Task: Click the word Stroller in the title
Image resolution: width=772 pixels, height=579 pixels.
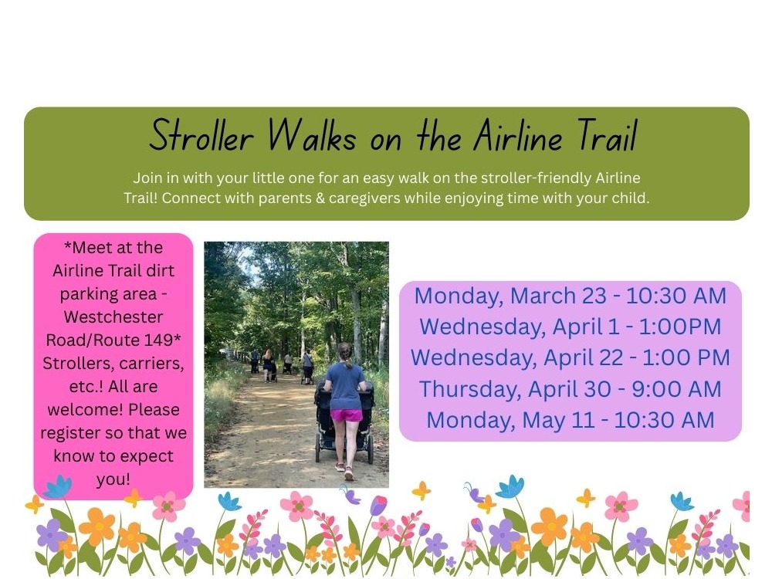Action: click(x=201, y=137)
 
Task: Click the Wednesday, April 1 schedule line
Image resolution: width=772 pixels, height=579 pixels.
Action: click(x=570, y=327)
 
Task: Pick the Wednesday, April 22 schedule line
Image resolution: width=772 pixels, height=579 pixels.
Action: click(x=570, y=357)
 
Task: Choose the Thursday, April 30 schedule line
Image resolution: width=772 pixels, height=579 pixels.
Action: click(x=570, y=388)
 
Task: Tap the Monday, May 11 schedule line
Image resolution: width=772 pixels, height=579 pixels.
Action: click(x=570, y=420)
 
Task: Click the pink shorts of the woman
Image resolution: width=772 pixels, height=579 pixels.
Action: click(x=346, y=415)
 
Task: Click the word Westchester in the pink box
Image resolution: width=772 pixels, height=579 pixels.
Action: click(x=113, y=317)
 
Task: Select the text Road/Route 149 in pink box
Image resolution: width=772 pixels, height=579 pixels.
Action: click(x=113, y=340)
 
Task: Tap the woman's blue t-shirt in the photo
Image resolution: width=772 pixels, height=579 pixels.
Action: click(x=345, y=384)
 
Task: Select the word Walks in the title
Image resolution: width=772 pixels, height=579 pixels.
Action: click(x=312, y=137)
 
